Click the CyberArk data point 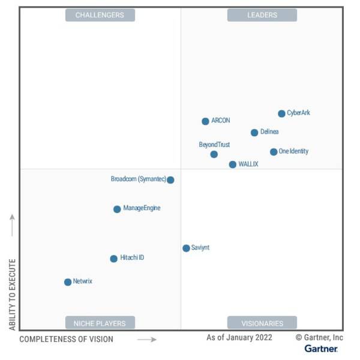point(281,113)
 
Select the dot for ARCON point(205,121)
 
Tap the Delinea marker point(254,133)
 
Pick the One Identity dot point(274,152)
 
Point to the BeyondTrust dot point(214,154)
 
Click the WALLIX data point point(233,164)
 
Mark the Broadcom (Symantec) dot point(170,179)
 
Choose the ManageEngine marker point(117,209)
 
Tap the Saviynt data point point(186,248)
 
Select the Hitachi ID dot point(113,259)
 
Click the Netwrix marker point(68,282)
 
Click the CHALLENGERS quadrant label point(100,15)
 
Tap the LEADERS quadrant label point(262,15)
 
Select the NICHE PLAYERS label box point(100,323)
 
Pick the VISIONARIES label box point(262,323)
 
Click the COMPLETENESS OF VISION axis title point(66,340)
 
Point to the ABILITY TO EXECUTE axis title point(13,294)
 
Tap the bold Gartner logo point(321,349)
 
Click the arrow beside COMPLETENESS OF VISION point(146,340)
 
